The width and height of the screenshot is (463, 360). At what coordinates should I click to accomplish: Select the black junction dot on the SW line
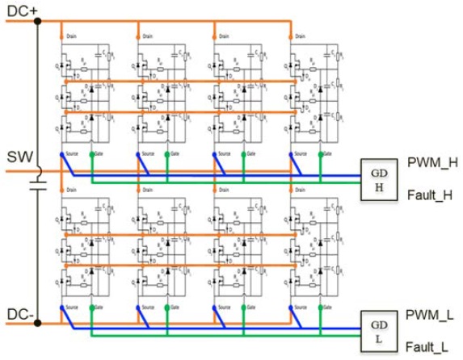coord(36,170)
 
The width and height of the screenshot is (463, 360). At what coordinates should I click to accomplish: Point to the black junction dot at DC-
coord(36,323)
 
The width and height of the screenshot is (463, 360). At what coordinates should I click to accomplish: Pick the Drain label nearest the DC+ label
coord(70,36)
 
